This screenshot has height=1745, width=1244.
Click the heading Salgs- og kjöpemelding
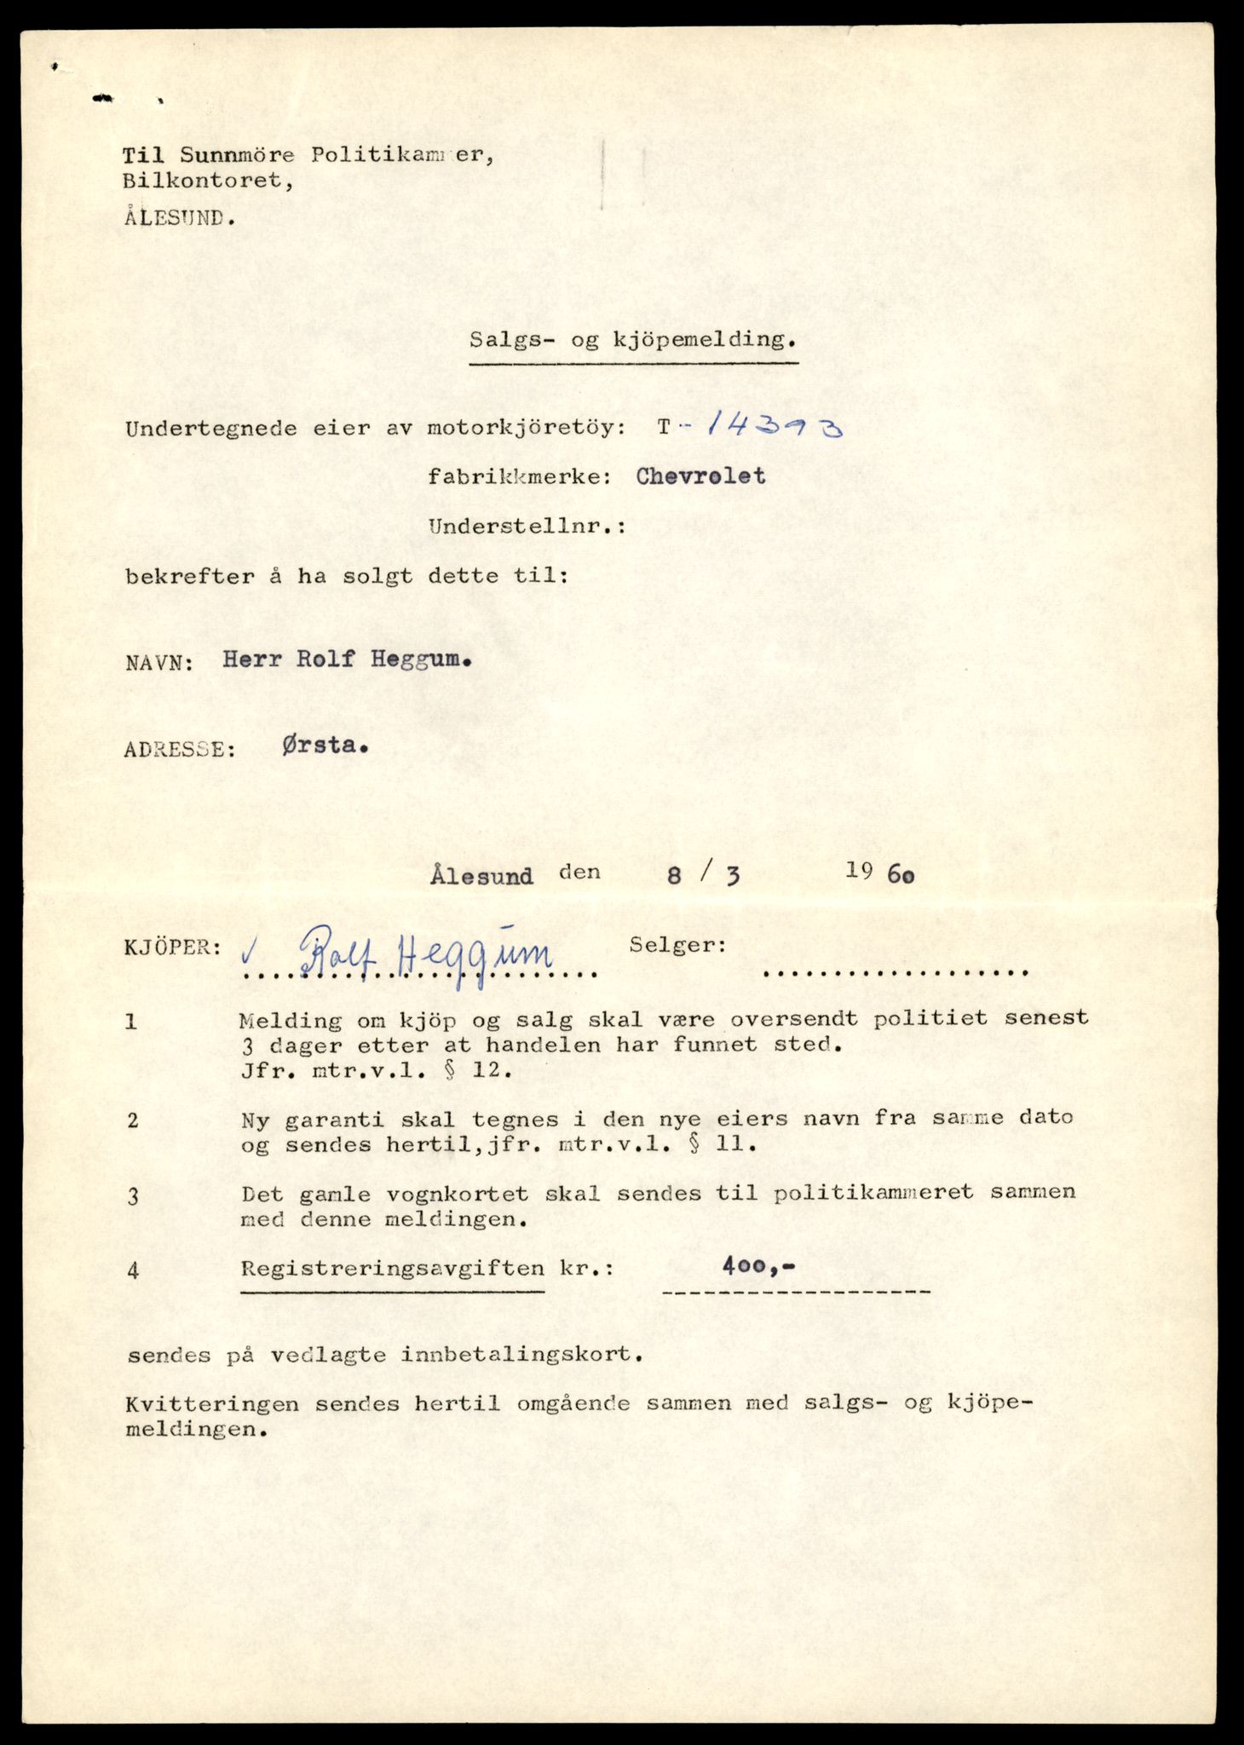[633, 340]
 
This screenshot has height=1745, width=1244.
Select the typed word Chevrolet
[700, 476]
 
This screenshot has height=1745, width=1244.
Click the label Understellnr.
[527, 527]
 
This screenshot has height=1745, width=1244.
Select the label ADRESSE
[179, 750]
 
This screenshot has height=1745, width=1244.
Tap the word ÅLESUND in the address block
[179, 216]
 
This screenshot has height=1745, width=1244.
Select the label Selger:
[677, 945]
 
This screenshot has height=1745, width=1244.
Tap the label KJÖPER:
[173, 947]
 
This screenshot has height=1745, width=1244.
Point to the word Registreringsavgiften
[393, 1268]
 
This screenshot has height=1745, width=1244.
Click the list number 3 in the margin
[132, 1196]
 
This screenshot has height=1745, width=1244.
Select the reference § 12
[487, 1071]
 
